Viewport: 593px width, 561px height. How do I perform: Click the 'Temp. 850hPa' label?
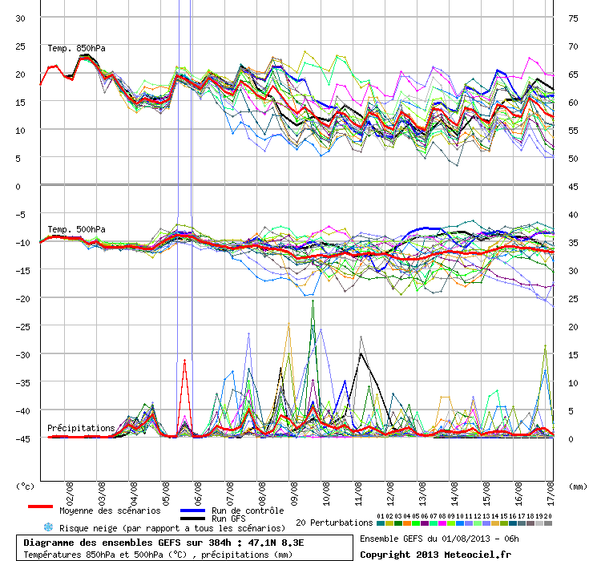coord(76,48)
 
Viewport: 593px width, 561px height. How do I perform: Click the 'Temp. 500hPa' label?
coord(76,229)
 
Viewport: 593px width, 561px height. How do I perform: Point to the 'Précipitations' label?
coord(80,428)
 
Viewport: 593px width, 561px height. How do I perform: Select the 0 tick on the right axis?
coord(572,438)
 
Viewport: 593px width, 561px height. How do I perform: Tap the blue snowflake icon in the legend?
coord(47,527)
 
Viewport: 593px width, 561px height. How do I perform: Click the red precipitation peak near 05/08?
coord(184,361)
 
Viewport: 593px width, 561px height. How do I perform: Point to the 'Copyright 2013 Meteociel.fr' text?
coord(434,553)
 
